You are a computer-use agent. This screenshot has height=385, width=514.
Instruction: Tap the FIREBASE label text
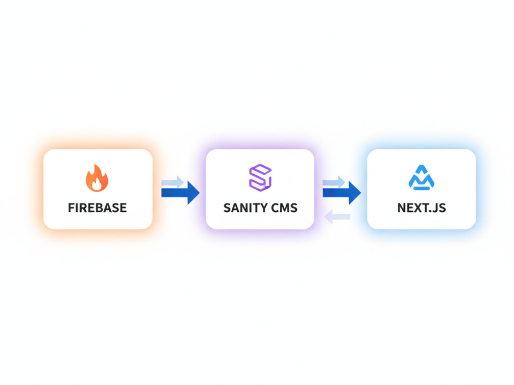coord(97,208)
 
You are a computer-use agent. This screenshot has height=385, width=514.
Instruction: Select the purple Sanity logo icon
coord(260,178)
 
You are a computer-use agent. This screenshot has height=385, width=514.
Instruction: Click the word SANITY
coord(245,208)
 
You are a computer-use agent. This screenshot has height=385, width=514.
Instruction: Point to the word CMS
coord(285,208)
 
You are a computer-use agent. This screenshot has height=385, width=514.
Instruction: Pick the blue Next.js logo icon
coord(421,178)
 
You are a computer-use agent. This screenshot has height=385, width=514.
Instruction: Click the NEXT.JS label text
coord(421,208)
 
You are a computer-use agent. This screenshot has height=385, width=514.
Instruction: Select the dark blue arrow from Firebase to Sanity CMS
coord(180,193)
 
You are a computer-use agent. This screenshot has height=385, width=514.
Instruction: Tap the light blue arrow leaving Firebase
coord(172,182)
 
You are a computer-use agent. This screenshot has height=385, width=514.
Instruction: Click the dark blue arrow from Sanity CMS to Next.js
coord(342,193)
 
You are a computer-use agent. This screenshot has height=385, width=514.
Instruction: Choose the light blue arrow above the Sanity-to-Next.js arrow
coord(334,182)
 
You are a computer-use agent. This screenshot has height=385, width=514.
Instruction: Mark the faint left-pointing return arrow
coord(337,217)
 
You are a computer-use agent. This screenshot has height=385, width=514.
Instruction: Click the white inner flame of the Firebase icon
coord(97,185)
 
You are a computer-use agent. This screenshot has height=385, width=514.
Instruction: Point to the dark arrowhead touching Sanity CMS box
coord(193,193)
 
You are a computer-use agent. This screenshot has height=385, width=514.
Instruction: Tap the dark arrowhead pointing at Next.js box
coord(355,193)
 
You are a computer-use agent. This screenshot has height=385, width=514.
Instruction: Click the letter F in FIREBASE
coord(71,208)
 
